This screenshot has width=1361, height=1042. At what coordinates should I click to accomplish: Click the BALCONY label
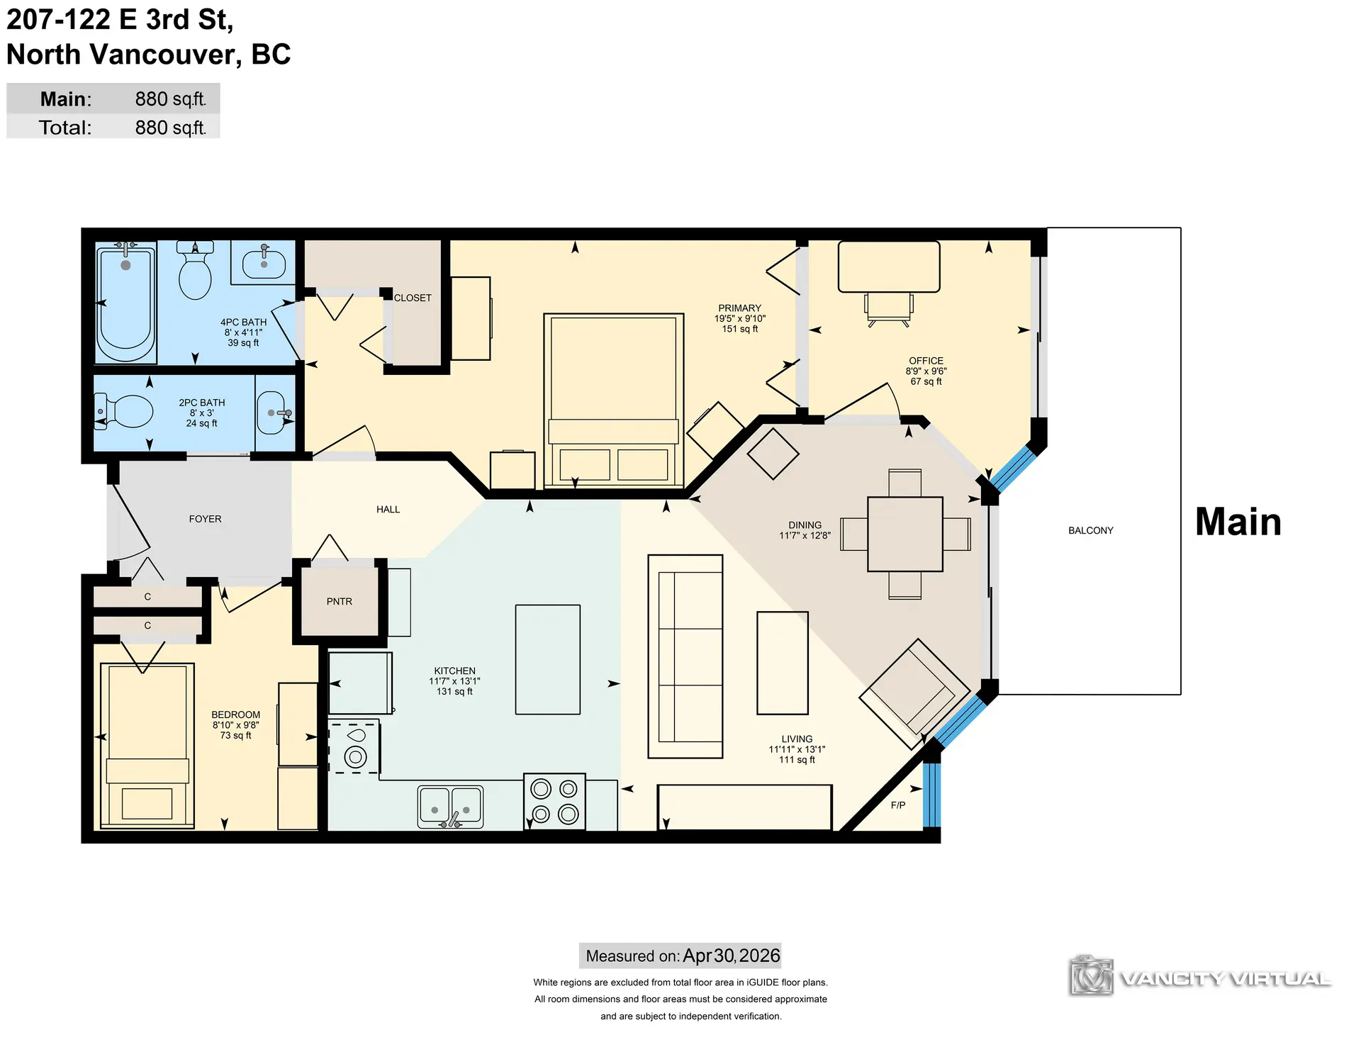click(x=1090, y=530)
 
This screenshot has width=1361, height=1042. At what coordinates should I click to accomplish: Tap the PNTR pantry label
click(x=340, y=601)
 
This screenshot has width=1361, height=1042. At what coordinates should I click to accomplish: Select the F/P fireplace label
click(x=898, y=805)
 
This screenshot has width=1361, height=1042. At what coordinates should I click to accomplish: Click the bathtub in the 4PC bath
click(x=125, y=301)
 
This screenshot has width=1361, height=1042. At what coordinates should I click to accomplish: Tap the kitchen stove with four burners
click(x=554, y=802)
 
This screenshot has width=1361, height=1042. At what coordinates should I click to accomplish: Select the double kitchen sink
click(x=450, y=807)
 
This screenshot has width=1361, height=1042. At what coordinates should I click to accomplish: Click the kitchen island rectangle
click(x=548, y=659)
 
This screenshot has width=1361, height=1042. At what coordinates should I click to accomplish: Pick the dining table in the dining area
click(x=905, y=534)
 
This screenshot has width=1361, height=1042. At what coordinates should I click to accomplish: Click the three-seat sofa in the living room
click(x=685, y=656)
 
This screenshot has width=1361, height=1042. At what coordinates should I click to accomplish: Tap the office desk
click(x=889, y=267)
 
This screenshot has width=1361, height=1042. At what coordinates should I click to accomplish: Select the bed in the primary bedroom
click(x=614, y=400)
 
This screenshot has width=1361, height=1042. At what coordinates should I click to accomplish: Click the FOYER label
click(x=205, y=519)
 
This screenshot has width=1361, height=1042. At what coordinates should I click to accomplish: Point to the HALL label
click(x=388, y=509)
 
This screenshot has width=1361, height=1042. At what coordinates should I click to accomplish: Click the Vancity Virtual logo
click(x=1200, y=976)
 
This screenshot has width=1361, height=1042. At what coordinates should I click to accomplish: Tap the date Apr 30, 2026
click(x=732, y=956)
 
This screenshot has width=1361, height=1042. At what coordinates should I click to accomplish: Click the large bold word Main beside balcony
click(x=1238, y=522)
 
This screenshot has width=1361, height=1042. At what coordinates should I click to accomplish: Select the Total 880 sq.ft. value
click(x=171, y=128)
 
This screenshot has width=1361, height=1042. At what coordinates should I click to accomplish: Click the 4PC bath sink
click(x=264, y=263)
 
